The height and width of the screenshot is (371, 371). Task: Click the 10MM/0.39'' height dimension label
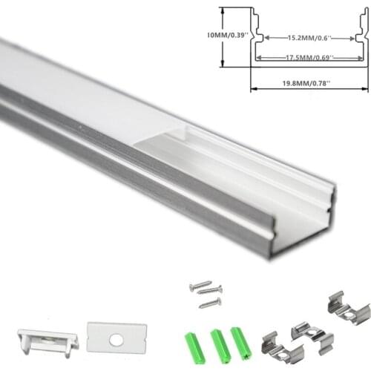pos(227,35)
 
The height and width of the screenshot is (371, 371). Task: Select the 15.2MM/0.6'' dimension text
pos(309,38)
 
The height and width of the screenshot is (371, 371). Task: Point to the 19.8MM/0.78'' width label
pos(306,83)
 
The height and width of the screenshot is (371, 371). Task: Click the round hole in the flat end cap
pos(116,341)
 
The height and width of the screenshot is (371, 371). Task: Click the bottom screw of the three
pos(210,303)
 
